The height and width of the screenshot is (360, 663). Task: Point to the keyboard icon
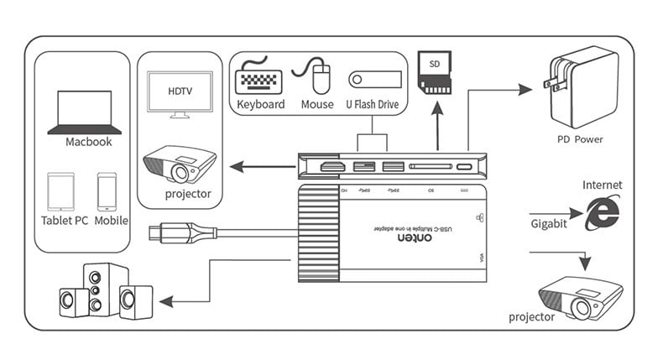pos(259,79)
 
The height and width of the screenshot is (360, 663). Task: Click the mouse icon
pos(317,76)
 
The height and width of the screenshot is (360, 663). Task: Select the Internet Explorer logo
pos(603,211)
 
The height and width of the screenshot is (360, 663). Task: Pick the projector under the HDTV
pos(180,164)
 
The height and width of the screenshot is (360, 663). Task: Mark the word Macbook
pos(88,142)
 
